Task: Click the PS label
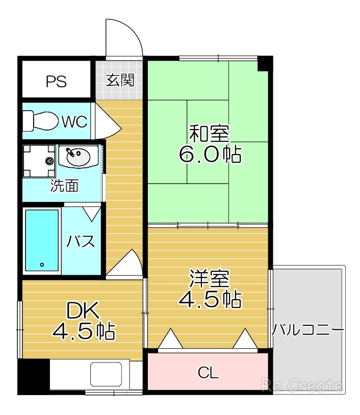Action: point(56,82)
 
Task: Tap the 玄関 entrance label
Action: point(120,80)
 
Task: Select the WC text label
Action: point(75,122)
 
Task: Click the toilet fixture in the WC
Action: point(40,121)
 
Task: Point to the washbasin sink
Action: point(77,155)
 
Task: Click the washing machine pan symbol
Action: point(39,161)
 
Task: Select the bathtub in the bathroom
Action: point(42,240)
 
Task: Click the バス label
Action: point(81,241)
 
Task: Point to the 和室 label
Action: point(210,135)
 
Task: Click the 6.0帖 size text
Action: point(210,154)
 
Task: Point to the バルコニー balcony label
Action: point(307,329)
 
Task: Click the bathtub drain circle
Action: point(42,265)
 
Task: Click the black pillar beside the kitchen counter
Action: point(33,376)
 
